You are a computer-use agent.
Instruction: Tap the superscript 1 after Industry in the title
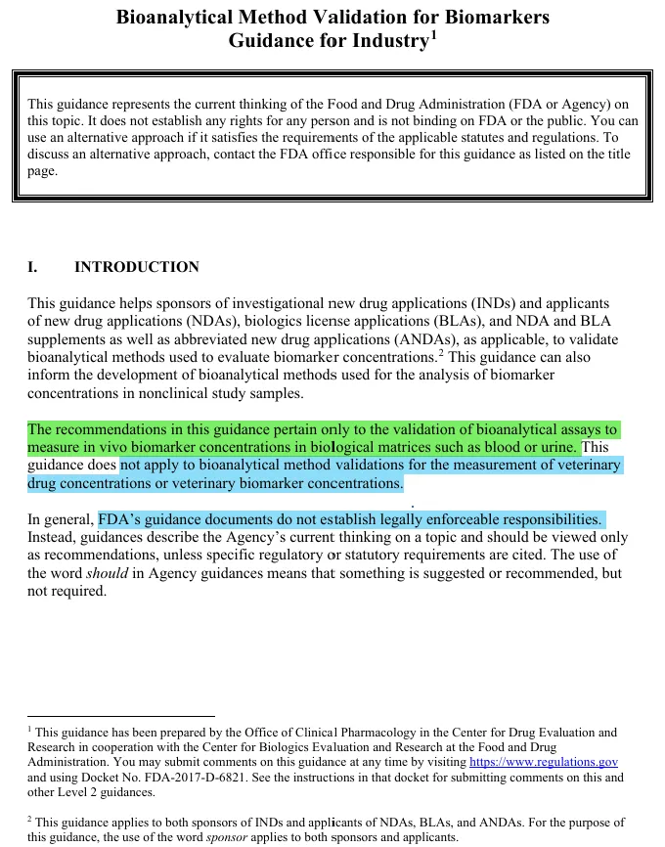point(432,35)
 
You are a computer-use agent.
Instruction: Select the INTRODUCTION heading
point(137,267)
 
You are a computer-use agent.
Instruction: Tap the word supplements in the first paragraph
point(67,339)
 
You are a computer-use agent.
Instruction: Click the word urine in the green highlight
point(559,448)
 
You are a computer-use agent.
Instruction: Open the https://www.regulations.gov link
point(543,762)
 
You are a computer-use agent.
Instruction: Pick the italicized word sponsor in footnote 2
point(225,838)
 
